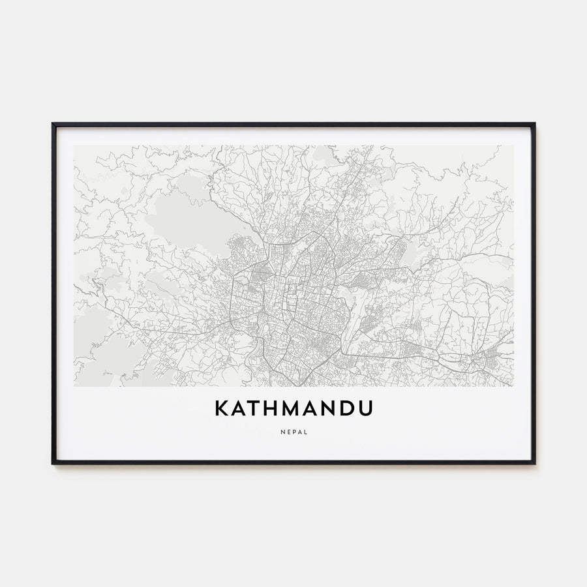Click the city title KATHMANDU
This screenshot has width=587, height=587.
coord(293,408)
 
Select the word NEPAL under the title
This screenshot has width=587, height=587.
coord(293,432)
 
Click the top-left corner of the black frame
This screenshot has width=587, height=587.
coord(53,123)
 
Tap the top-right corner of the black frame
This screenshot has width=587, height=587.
coord(534,123)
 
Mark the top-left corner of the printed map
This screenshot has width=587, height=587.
coord(74,145)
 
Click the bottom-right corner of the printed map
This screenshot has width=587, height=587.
coord(513,386)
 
